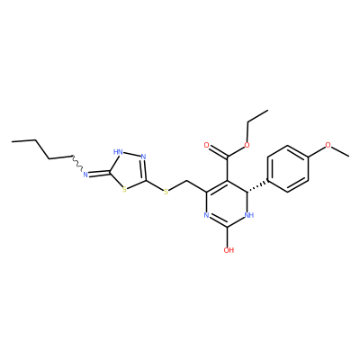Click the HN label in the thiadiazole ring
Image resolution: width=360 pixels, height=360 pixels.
(118, 151)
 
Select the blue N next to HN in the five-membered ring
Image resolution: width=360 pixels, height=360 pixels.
(143, 157)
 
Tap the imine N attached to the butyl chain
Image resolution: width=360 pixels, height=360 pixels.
(85, 175)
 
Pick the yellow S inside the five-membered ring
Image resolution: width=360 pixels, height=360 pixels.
(124, 189)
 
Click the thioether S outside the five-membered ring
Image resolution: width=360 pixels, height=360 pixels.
(166, 192)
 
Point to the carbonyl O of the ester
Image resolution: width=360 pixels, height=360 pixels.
(206, 146)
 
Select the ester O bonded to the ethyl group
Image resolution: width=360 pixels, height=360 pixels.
(247, 146)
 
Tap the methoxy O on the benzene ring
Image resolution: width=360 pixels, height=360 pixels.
(328, 145)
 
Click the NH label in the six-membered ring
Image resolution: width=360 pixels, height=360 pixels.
(249, 215)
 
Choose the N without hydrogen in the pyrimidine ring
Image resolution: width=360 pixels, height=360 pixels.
(206, 215)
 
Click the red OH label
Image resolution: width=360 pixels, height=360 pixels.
(229, 250)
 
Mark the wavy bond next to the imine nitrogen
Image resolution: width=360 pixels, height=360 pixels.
(76, 164)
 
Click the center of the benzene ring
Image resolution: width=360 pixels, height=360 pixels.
(288, 169)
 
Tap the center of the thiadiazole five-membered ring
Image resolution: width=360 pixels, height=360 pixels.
(129, 170)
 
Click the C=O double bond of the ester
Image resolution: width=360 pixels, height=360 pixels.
(217, 151)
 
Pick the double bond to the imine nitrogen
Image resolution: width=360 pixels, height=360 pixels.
(99, 174)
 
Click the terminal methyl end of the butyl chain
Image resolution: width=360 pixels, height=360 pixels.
(13, 141)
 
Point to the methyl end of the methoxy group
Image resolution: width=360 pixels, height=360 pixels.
(348, 156)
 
